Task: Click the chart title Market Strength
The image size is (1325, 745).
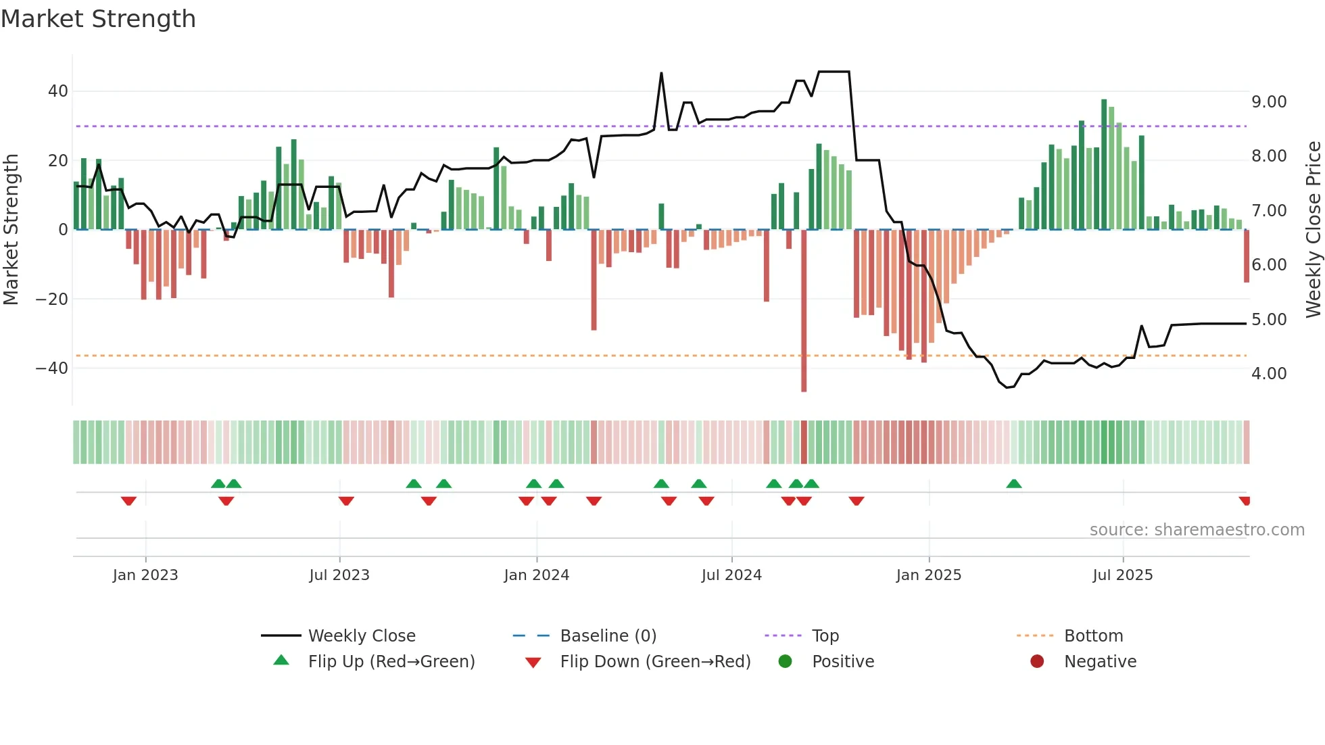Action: point(98,19)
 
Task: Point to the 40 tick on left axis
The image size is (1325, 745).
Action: point(57,91)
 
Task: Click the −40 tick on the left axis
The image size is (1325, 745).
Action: point(51,368)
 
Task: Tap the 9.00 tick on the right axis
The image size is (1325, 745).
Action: point(1269,102)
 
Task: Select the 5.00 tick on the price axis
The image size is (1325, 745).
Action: point(1269,320)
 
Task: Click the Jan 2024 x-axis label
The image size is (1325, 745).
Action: point(536,575)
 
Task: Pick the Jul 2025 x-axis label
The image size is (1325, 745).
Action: point(1122,575)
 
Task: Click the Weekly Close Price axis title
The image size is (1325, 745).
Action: point(1313,230)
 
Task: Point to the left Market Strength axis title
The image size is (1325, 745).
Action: point(11,230)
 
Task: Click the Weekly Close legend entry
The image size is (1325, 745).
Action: point(361,636)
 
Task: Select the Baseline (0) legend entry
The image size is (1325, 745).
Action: point(608,636)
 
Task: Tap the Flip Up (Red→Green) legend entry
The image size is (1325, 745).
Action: point(391,662)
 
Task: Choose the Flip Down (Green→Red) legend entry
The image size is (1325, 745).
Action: point(654,662)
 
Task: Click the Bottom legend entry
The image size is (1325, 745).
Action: point(1092,636)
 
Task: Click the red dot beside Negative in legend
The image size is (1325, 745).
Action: point(1036,662)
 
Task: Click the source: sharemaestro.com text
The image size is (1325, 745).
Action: point(1197,530)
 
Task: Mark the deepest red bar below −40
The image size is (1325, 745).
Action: point(804,311)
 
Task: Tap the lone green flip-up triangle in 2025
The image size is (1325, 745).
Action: point(1013,483)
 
